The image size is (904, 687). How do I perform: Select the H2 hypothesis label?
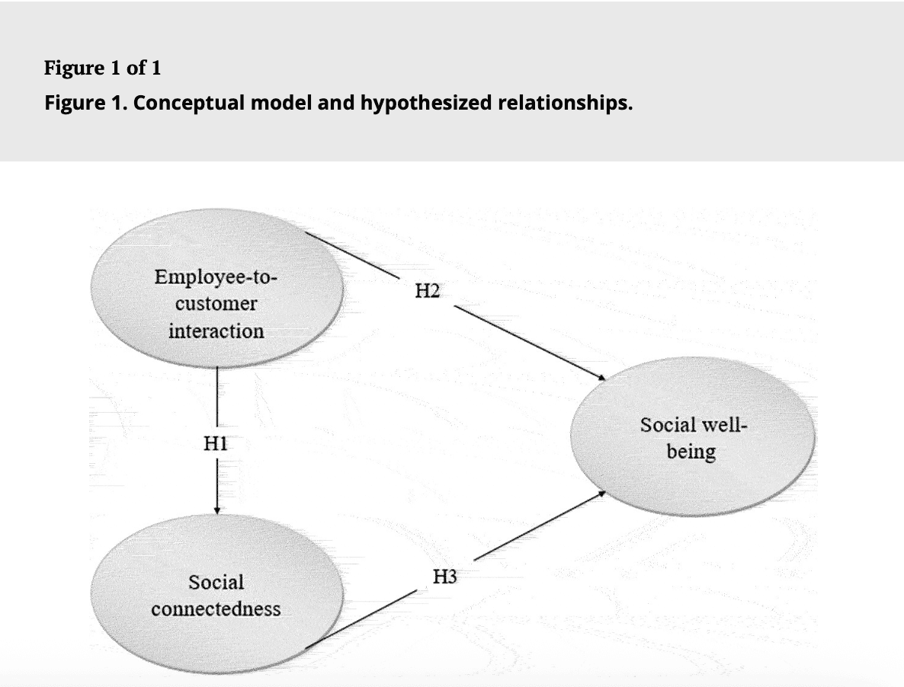pyautogui.click(x=427, y=290)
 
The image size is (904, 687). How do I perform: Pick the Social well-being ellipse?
pyautogui.click(x=692, y=438)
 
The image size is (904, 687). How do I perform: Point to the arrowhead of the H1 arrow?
pyautogui.click(x=217, y=510)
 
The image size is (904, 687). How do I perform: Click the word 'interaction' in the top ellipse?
pyautogui.click(x=216, y=331)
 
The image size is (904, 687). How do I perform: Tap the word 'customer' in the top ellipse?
pyautogui.click(x=216, y=304)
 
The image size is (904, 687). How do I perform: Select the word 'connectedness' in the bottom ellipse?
pyautogui.click(x=216, y=609)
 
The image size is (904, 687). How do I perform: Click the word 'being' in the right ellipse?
pyautogui.click(x=691, y=452)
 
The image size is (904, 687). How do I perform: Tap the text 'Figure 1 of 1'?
pyautogui.click(x=102, y=68)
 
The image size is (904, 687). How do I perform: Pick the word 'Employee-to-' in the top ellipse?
pyautogui.click(x=216, y=276)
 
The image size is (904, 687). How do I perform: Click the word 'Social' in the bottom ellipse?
pyautogui.click(x=216, y=583)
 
